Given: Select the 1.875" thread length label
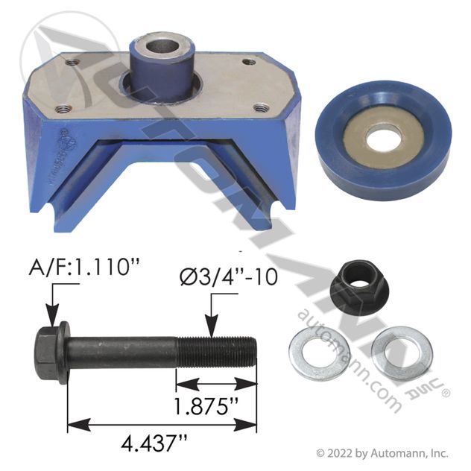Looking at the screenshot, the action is [206, 405].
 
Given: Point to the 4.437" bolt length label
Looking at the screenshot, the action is [154, 443].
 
